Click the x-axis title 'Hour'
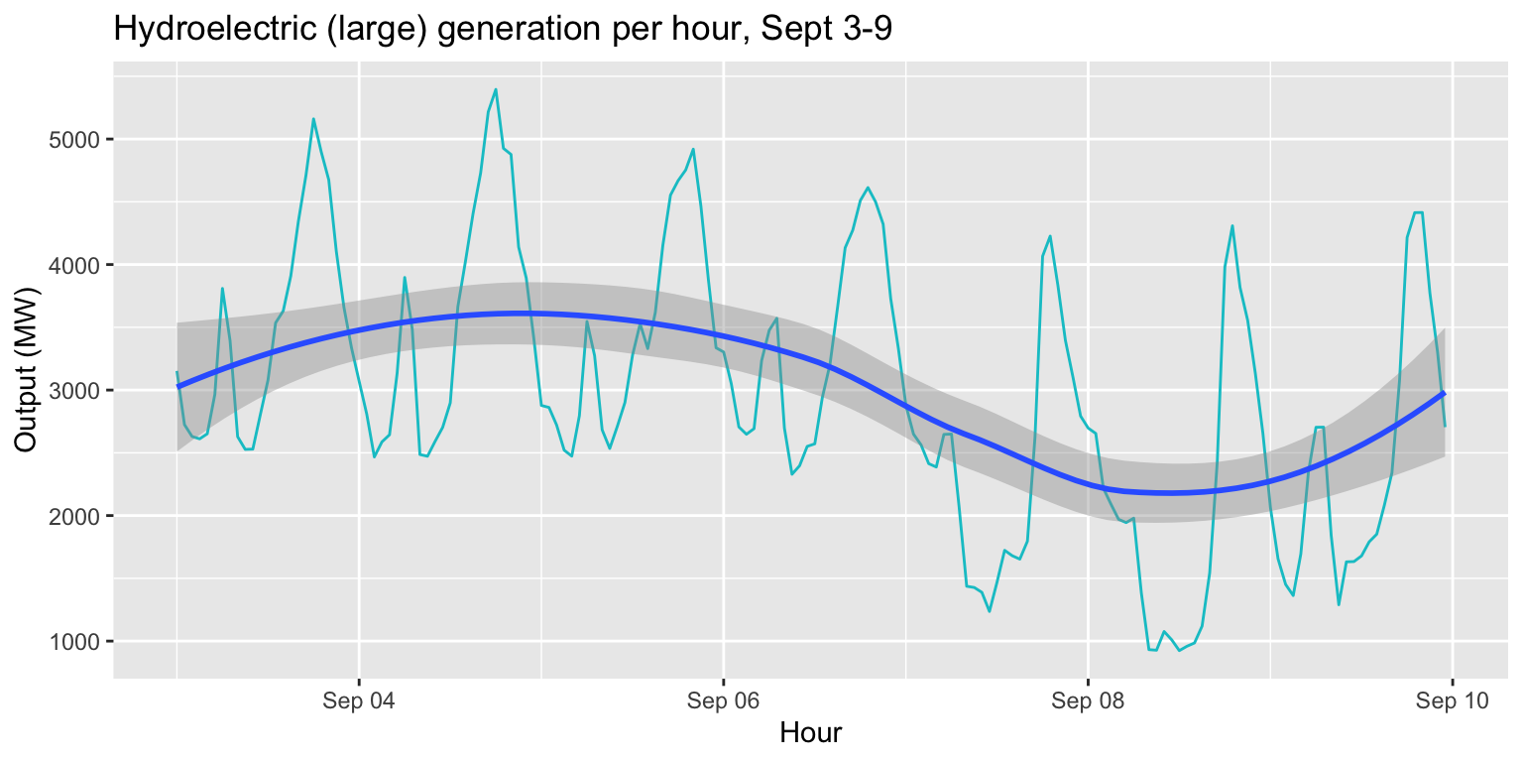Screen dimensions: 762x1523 (810, 734)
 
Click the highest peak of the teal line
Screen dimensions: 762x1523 (495, 89)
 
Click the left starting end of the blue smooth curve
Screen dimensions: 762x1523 (177, 386)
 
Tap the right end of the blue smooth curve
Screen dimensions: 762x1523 (1444, 393)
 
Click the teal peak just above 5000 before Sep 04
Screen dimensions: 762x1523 (313, 119)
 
